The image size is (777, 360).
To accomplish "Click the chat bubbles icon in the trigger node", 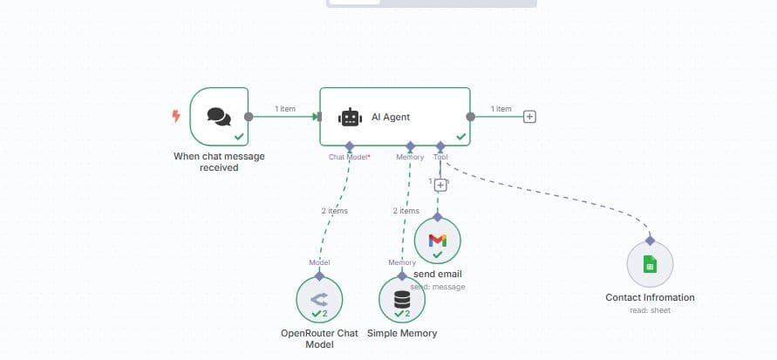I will click(219, 117).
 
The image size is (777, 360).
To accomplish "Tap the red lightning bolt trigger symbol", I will click(176, 116).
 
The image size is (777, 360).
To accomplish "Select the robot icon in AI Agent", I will click(350, 117).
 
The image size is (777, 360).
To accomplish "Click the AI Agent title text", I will click(391, 117).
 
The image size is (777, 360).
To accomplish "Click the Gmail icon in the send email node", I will click(438, 240).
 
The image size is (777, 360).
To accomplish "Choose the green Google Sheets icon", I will click(650, 264).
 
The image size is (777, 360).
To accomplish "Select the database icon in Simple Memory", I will click(402, 298).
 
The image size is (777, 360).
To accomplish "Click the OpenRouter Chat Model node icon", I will click(319, 298).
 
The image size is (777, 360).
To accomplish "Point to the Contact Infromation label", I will click(650, 297).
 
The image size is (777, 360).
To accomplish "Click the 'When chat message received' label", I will click(219, 162).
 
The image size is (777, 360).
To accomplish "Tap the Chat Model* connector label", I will click(349, 157).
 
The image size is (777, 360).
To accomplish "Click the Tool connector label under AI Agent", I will click(440, 157).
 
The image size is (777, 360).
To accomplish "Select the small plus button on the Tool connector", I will click(440, 185).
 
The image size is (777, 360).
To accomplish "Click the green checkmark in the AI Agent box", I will click(460, 137).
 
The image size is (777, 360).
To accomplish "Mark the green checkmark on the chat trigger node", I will click(238, 137).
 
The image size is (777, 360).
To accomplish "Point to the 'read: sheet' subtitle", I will click(650, 309).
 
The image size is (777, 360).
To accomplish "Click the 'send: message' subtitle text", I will click(438, 286).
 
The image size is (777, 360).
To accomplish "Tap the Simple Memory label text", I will click(402, 333).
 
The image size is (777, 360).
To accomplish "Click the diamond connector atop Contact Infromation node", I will click(650, 240).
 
